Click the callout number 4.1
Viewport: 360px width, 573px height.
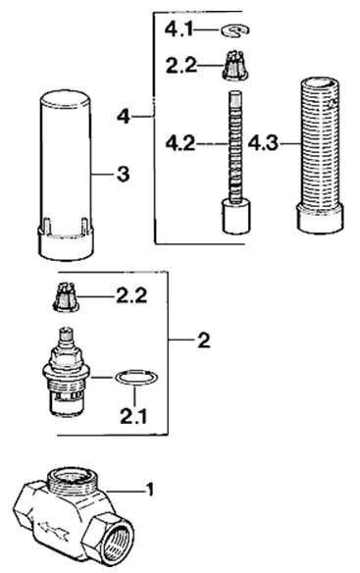pyautogui.click(x=179, y=28)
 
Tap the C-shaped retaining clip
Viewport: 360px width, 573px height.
pyautogui.click(x=235, y=31)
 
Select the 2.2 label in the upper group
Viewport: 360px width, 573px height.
pyautogui.click(x=181, y=66)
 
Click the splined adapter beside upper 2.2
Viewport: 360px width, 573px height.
pyautogui.click(x=235, y=66)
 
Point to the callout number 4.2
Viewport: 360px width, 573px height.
pyautogui.click(x=180, y=143)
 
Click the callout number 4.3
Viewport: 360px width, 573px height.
pyautogui.click(x=263, y=143)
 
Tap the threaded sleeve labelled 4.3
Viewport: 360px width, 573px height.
pyautogui.click(x=320, y=155)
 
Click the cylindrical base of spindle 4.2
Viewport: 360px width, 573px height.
pyautogui.click(x=236, y=216)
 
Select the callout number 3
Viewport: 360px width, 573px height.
pyautogui.click(x=124, y=175)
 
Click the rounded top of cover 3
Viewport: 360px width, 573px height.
pyautogui.click(x=65, y=99)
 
